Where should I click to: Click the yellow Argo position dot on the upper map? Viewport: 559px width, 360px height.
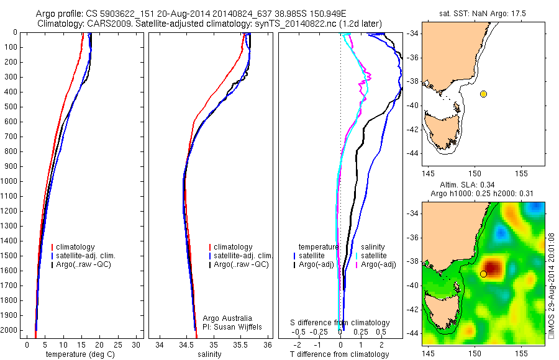[x=483, y=94]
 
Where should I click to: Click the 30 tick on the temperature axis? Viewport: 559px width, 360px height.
[x=136, y=344]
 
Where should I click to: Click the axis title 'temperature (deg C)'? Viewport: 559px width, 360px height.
[x=81, y=354]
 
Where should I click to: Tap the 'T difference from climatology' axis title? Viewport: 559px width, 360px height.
[x=340, y=354]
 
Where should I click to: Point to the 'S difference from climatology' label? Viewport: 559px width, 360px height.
[x=340, y=323]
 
